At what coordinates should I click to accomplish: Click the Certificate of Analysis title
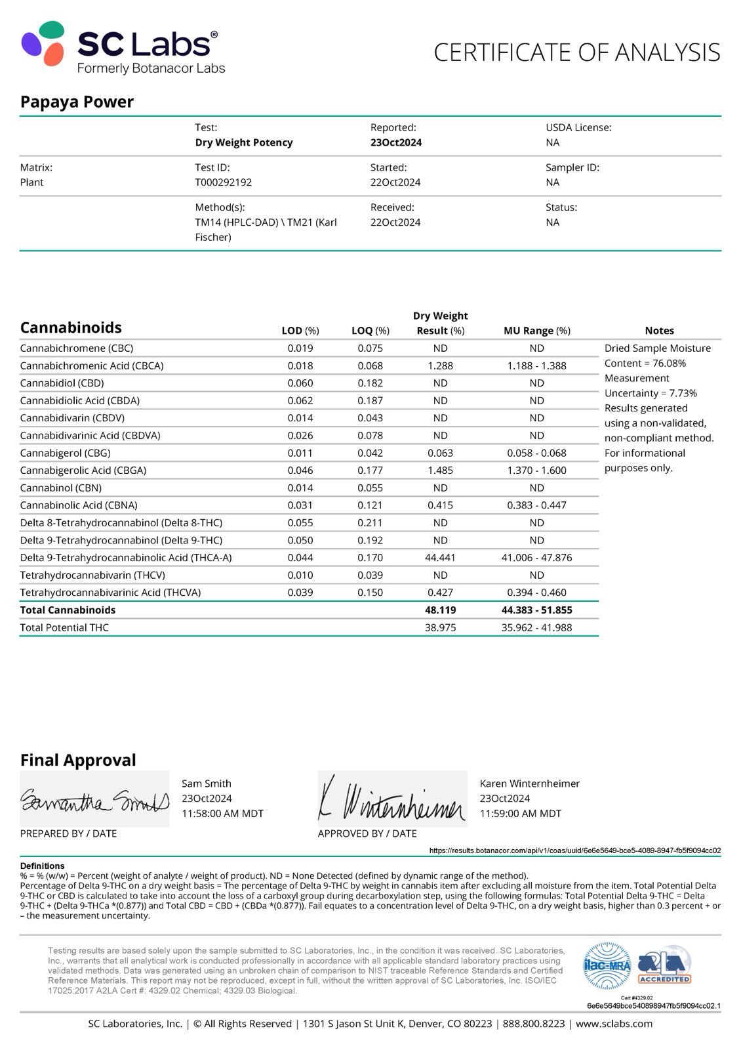[x=577, y=52]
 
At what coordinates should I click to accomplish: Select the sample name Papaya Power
[x=77, y=102]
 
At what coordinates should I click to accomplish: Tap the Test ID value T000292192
[x=223, y=182]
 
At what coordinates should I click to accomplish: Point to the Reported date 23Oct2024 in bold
[x=395, y=142]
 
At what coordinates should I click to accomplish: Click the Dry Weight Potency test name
[x=244, y=142]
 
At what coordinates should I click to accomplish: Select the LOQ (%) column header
[x=370, y=331]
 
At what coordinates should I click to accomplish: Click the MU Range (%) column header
[x=536, y=331]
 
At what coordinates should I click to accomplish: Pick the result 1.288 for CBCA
[x=440, y=366]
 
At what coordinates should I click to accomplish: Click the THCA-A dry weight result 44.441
[x=440, y=557]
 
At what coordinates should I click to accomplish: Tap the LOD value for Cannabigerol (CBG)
[x=300, y=453]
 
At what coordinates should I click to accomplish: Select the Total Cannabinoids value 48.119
[x=440, y=610]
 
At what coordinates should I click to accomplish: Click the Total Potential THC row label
[x=64, y=627]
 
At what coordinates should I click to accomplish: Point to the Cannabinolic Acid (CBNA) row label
[x=79, y=505]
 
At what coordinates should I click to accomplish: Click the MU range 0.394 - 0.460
[x=536, y=592]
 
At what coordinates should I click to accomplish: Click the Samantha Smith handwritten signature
[x=94, y=800]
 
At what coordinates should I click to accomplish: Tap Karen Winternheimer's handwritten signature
[x=392, y=799]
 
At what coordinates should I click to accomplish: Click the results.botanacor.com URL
[x=574, y=850]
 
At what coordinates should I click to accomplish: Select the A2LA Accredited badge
[x=664, y=965]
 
